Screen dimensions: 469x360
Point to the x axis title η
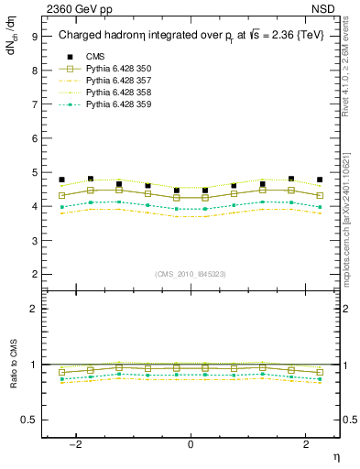coord(335,455)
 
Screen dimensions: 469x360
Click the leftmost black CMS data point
coord(61,180)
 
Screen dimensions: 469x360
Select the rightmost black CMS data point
coord(320,180)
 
